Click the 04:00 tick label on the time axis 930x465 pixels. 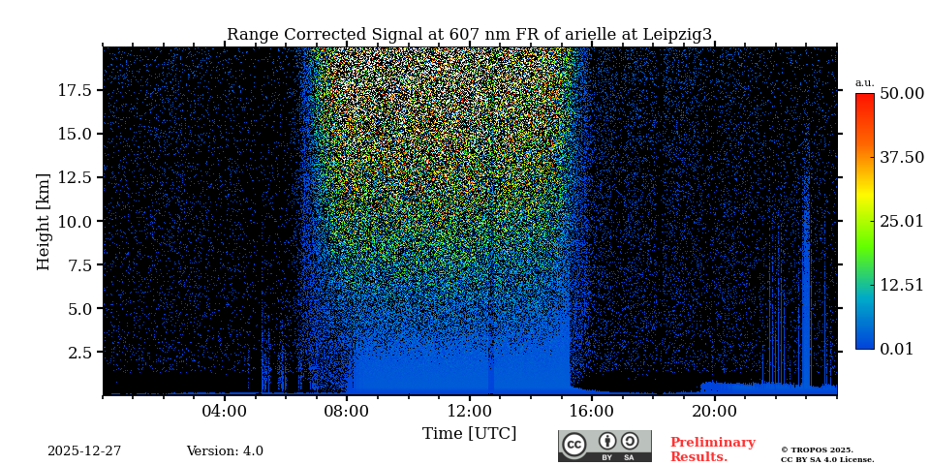[x=225, y=411]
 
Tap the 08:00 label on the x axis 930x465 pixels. [x=347, y=411]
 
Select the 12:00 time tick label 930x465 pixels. [x=470, y=411]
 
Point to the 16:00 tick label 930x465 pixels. [x=592, y=411]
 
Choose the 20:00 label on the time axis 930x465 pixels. [x=715, y=411]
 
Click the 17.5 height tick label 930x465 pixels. [x=75, y=90]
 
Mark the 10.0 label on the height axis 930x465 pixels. [x=75, y=221]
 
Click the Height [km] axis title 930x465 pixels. [x=44, y=221]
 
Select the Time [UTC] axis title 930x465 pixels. [x=469, y=433]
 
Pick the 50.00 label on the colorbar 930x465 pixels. [x=902, y=94]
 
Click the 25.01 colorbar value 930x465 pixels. [x=902, y=222]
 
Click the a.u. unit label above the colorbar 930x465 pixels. [x=864, y=83]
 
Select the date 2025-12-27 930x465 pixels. [x=84, y=451]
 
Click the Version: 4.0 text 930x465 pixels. [x=225, y=451]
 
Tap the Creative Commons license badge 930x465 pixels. [x=604, y=446]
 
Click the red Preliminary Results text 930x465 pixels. [x=712, y=449]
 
